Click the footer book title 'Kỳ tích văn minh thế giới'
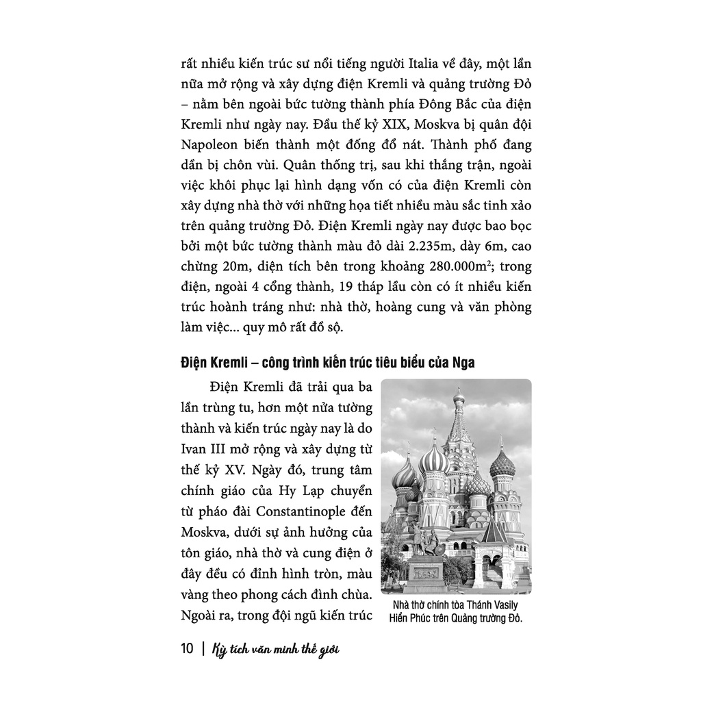(277, 648)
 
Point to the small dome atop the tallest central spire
(459, 395)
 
